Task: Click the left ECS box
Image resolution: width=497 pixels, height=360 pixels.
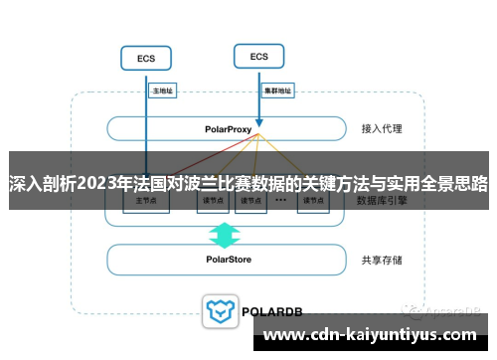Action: [x=146, y=59]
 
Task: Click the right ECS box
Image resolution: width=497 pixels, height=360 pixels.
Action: [x=258, y=57]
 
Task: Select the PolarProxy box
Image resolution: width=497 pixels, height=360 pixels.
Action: [x=229, y=129]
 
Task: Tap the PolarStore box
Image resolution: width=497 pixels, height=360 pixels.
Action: [x=228, y=260]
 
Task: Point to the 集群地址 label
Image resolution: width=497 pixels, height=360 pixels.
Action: [x=277, y=90]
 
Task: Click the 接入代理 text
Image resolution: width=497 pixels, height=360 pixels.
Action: [x=382, y=129]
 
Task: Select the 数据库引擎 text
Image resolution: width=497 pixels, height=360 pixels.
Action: [x=386, y=200]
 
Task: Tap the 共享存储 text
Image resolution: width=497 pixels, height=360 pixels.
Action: [x=382, y=260]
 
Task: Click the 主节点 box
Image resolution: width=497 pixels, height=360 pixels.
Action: [x=146, y=201]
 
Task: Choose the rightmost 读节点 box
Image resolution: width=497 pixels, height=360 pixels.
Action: [x=313, y=201]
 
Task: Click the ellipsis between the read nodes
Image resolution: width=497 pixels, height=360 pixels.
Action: [x=281, y=201]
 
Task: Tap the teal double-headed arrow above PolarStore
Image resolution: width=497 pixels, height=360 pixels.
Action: [x=224, y=234]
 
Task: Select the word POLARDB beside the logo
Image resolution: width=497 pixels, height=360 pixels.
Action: [x=268, y=311]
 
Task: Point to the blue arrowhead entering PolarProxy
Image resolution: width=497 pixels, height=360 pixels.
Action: [x=258, y=119]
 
